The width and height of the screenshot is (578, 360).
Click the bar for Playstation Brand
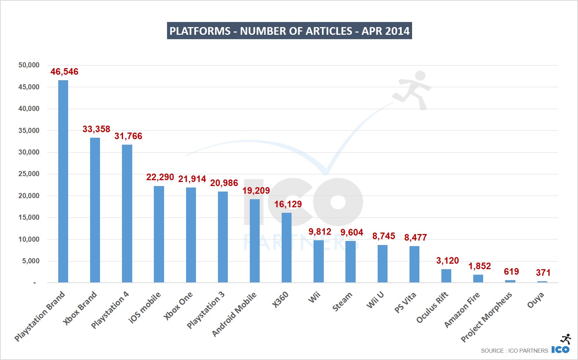tap(63, 181)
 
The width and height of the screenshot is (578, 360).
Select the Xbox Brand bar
tap(95, 210)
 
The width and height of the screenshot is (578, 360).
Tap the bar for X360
tap(286, 248)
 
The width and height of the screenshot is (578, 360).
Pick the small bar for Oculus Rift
tap(446, 276)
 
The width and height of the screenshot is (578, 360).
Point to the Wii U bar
tap(382, 264)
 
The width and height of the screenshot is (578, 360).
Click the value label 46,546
tap(64, 72)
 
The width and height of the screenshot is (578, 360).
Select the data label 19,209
tap(256, 191)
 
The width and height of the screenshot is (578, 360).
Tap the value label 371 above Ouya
tap(543, 273)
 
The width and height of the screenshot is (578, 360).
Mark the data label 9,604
tap(352, 233)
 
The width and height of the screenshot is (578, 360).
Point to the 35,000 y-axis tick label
tap(29, 130)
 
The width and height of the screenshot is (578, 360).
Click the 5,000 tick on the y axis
tap(31, 261)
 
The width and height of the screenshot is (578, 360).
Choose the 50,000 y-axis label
tap(29, 65)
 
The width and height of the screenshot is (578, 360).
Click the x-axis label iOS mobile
tap(145, 307)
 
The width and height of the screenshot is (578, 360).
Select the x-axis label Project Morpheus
tap(486, 317)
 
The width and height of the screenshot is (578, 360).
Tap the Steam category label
tap(342, 302)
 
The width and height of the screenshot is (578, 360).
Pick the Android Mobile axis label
tap(234, 314)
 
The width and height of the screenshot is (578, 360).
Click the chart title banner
tap(289, 31)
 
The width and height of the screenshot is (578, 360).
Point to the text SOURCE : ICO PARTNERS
tap(514, 350)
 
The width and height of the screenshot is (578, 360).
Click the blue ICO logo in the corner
tap(560, 349)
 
